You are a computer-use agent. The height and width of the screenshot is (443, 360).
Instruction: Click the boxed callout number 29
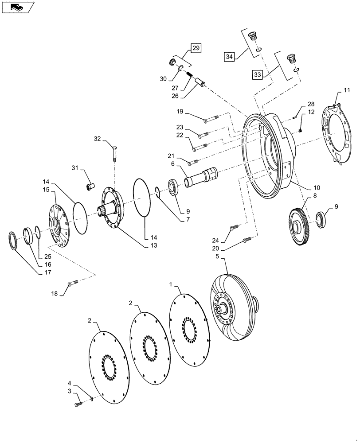coord(196,47)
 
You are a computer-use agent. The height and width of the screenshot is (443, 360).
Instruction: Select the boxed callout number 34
coord(229,57)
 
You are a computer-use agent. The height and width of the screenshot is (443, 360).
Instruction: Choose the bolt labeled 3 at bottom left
coord(78,404)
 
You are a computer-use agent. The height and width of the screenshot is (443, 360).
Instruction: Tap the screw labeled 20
coord(247,240)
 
